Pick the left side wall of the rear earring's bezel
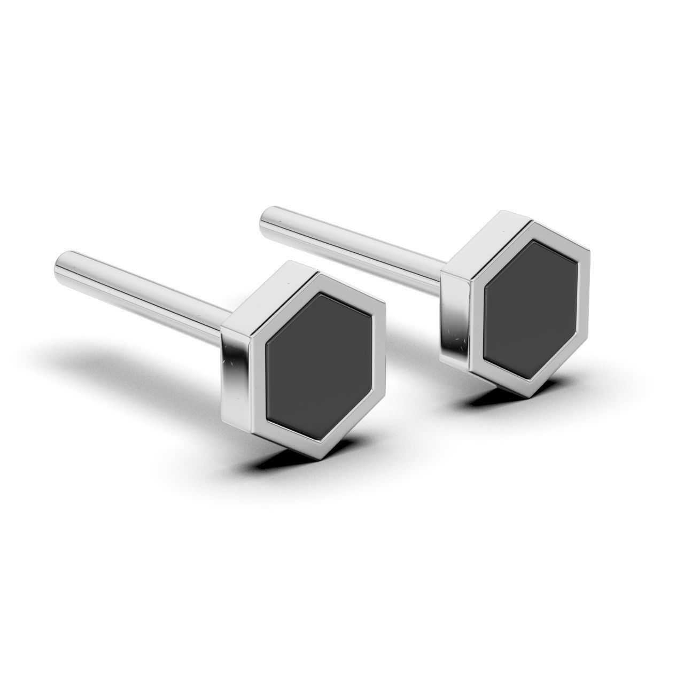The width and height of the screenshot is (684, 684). [454, 315]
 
